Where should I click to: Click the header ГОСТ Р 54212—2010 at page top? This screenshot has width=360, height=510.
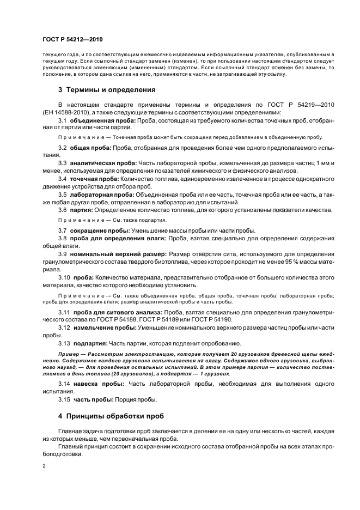72,40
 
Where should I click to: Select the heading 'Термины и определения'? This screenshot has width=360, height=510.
112,89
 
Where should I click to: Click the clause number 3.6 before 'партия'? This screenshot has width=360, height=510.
63,209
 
